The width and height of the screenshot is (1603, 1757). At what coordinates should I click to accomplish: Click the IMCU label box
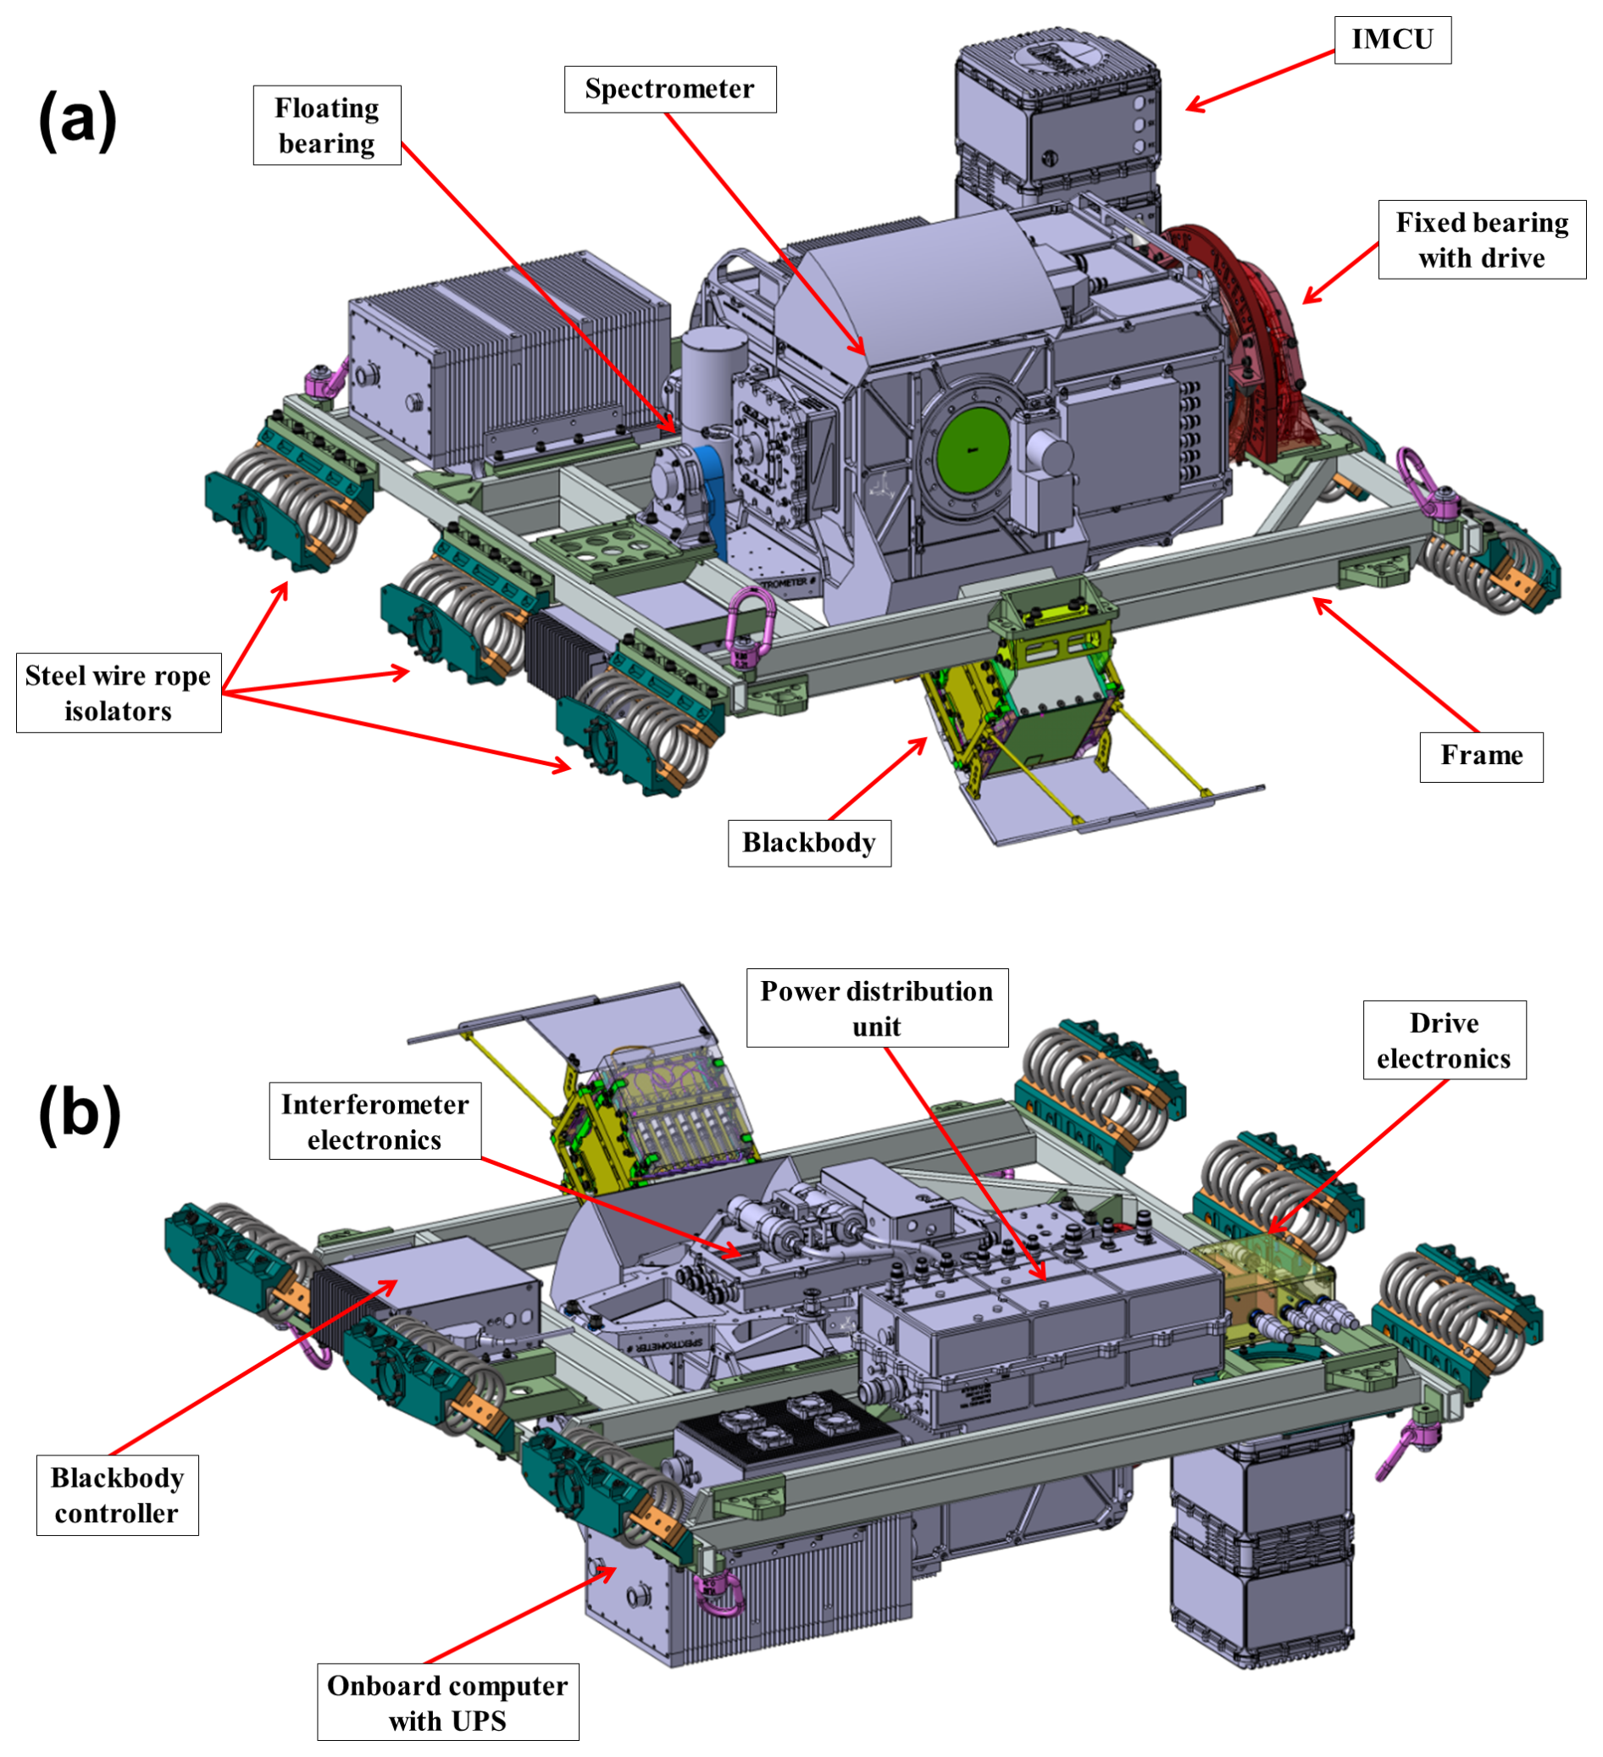[x=1392, y=40]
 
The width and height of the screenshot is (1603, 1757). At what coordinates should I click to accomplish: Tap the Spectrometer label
[x=669, y=89]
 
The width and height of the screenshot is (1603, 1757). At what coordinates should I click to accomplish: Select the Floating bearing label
[x=327, y=125]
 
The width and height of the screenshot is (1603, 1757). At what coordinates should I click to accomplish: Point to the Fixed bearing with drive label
[x=1481, y=240]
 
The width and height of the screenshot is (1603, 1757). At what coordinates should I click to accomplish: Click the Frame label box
[x=1481, y=756]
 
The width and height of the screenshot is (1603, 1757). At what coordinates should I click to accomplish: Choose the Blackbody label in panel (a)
[x=809, y=843]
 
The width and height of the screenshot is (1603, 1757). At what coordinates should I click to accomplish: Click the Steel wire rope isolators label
[x=119, y=693]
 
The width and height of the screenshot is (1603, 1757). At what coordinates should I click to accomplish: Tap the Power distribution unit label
[x=876, y=1008]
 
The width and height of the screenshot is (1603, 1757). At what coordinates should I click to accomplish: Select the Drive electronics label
[x=1444, y=1039]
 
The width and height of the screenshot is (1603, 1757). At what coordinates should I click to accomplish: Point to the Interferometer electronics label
[x=374, y=1122]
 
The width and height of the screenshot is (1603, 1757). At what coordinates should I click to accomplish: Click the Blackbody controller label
[x=117, y=1495]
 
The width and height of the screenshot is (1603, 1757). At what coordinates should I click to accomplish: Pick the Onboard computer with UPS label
[x=447, y=1703]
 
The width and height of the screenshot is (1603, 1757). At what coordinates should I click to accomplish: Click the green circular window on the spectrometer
[x=973, y=450]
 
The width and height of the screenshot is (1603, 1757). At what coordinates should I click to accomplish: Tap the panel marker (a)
[x=78, y=120]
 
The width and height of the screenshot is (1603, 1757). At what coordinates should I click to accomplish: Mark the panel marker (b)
[x=80, y=1115]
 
